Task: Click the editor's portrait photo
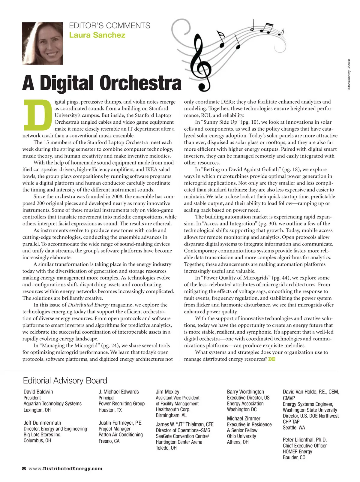click(x=42, y=43)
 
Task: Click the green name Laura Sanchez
click(x=97, y=35)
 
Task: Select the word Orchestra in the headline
click(x=141, y=83)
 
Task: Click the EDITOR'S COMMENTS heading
click(x=109, y=26)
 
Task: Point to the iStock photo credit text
click(x=349, y=74)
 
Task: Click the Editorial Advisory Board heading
click(x=65, y=381)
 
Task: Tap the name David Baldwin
click(x=38, y=392)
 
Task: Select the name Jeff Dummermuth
click(x=42, y=423)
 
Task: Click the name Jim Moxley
click(x=167, y=392)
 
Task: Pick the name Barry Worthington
click(x=245, y=392)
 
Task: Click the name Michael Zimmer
click(x=244, y=418)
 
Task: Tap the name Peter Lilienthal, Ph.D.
click(x=304, y=440)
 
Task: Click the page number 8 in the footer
click(x=24, y=468)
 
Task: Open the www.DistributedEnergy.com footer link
click(x=65, y=468)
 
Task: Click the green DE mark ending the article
click(x=272, y=359)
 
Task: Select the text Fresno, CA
click(x=109, y=441)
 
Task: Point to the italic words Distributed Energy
click(x=88, y=305)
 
